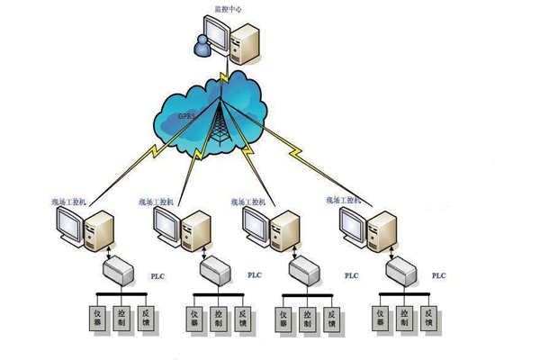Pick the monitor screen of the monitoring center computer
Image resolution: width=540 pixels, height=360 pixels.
pyautogui.click(x=217, y=37)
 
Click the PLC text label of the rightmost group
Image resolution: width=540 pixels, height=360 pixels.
pyautogui.click(x=438, y=274)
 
